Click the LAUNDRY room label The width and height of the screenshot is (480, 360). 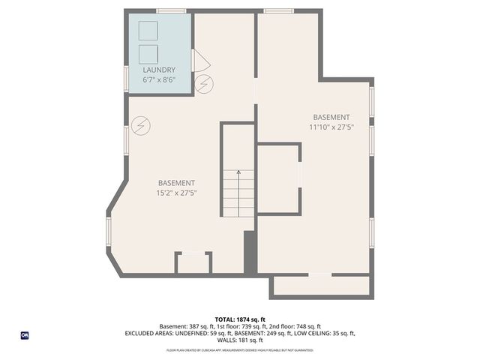coord(159,70)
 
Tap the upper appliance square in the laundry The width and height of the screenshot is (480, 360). coord(148,31)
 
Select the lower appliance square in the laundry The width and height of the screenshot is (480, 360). coord(148,54)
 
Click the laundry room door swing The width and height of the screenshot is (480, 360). coord(199,61)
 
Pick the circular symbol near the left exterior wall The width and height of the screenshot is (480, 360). coord(141,126)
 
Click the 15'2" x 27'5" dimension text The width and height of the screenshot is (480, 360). coord(176,193)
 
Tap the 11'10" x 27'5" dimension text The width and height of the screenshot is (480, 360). coord(331,127)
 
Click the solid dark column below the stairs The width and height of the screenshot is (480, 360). coord(250,252)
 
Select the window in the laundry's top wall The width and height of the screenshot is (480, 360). coord(171,10)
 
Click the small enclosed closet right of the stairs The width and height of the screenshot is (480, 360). coord(278,178)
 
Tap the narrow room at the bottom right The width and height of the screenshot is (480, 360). coord(321,286)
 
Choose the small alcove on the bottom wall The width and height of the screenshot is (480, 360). coord(193,263)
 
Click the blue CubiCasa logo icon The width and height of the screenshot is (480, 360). coord(25,335)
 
